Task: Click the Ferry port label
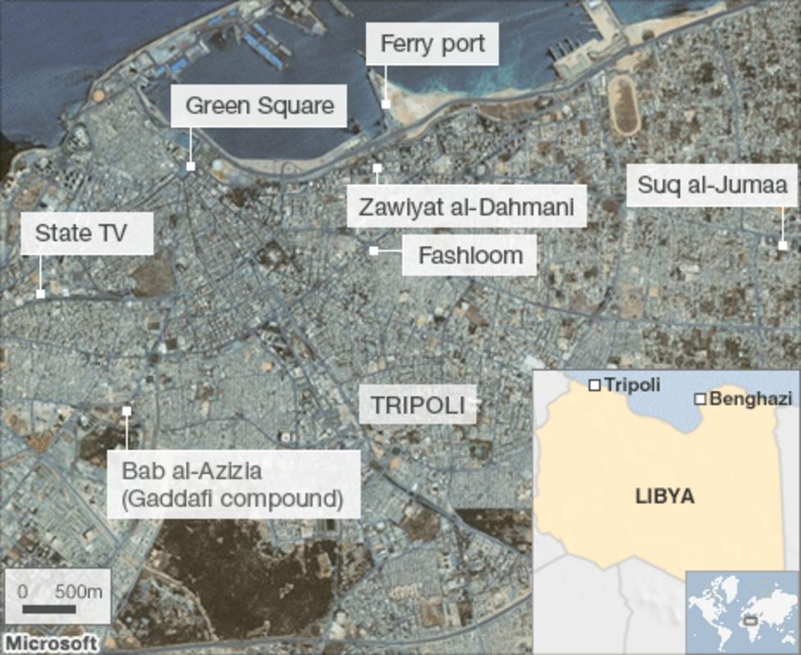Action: point(433,43)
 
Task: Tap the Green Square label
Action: point(259,106)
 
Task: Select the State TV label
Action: point(80,233)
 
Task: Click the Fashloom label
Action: point(470,255)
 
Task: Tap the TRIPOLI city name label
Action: point(418,405)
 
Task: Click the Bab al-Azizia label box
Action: point(233,484)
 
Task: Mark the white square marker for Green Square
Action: point(190,166)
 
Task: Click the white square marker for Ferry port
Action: point(386,104)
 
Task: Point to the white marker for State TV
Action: point(40,293)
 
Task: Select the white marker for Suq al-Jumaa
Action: point(782,245)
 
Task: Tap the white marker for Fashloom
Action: point(373,251)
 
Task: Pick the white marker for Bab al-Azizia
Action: point(126,411)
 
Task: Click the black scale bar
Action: point(48,609)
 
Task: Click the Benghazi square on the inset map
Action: point(700,399)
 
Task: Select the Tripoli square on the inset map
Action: point(594,384)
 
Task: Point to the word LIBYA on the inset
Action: point(665,497)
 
